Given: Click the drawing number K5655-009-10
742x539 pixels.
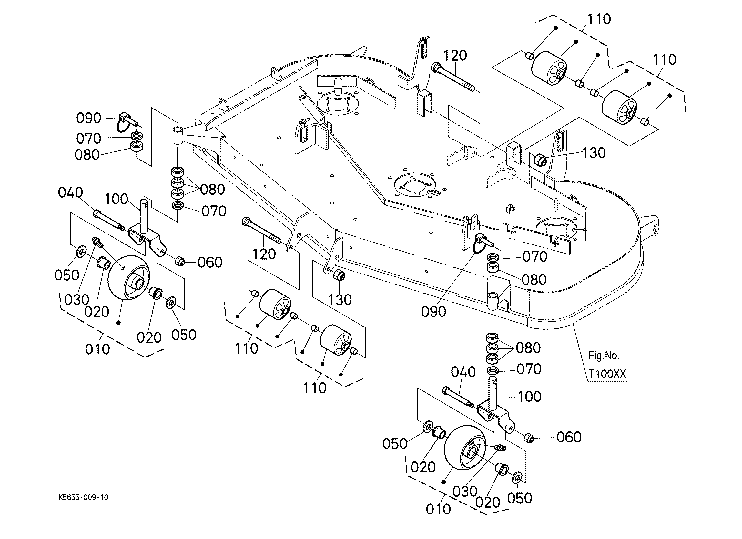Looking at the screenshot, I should coord(83,497).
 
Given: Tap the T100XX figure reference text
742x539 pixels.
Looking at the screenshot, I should coord(607,374).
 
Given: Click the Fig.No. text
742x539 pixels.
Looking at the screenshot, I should coord(604,355).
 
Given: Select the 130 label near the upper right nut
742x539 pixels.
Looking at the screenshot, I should coord(594,153).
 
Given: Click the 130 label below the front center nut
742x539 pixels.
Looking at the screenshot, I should coord(340,300).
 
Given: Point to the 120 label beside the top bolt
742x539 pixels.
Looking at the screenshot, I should coord(455,56).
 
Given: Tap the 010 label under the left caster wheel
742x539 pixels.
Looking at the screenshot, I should coord(97,349).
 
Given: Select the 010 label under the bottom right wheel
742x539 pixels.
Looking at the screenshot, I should coord(438,509).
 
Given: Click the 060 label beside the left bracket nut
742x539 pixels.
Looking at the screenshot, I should coord(210,262).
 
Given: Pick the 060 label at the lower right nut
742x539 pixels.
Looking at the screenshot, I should coord(569,437).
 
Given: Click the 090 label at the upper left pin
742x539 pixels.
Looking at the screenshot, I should coord(89,118).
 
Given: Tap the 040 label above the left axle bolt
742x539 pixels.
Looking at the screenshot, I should coord(70,192).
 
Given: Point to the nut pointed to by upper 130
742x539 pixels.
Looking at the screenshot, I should coord(541,160).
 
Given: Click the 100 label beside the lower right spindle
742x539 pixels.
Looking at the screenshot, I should coord(529,397).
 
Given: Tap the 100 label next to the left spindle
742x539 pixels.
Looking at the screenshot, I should coord(117,199).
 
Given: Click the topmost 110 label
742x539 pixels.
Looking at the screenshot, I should coord(599,19).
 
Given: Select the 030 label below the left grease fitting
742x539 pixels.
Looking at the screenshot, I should coord(77,300).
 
